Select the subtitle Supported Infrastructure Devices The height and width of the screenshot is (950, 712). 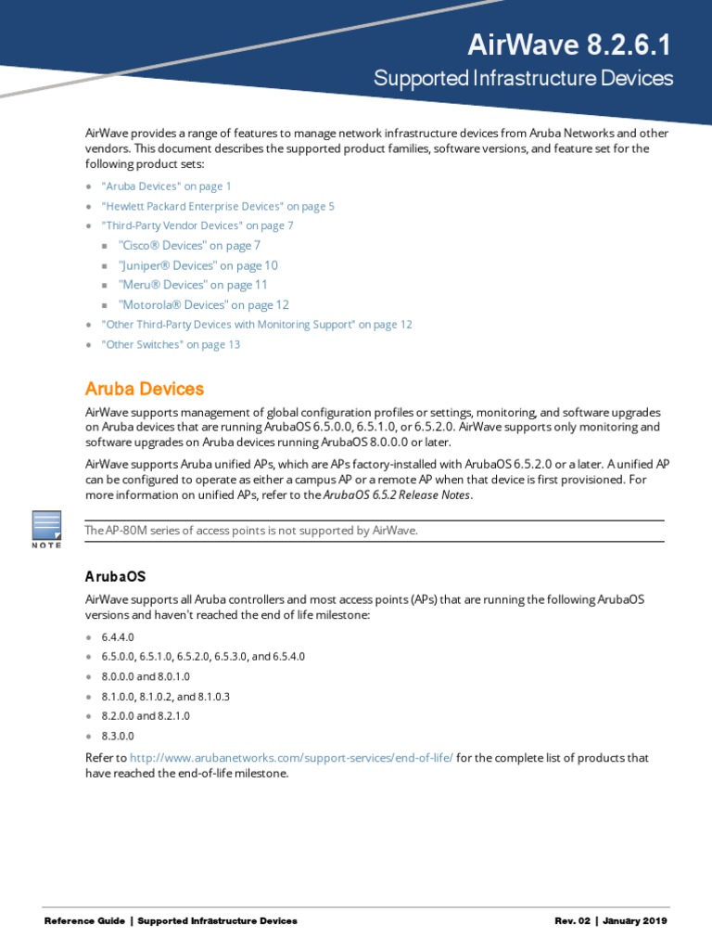523,79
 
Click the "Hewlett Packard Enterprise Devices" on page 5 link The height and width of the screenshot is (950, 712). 218,206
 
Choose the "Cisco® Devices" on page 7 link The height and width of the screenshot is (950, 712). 189,246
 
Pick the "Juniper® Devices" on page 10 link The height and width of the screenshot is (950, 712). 198,265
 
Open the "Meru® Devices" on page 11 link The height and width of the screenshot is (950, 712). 193,285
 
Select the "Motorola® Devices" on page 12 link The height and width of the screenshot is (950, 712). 204,304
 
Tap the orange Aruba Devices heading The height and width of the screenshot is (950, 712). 145,389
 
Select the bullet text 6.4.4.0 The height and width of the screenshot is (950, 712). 119,637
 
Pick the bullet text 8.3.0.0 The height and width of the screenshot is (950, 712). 119,735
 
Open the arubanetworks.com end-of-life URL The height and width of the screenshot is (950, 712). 291,758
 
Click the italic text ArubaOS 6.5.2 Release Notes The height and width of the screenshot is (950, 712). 397,495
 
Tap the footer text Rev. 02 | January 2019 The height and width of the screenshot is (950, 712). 610,921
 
